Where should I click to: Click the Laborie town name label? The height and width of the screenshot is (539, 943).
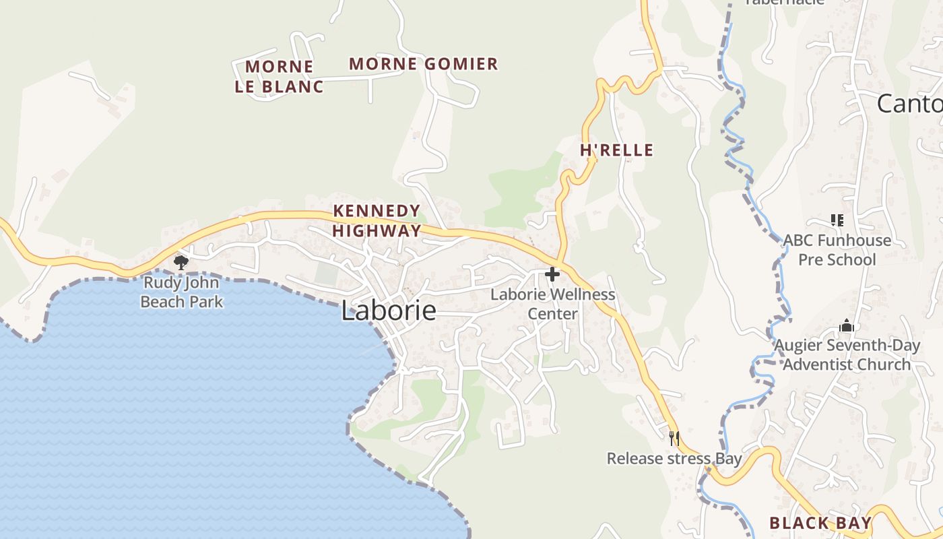pyautogui.click(x=388, y=311)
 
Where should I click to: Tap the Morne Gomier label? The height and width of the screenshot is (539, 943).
pyautogui.click(x=424, y=64)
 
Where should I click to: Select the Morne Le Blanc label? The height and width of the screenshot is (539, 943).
pyautogui.click(x=279, y=76)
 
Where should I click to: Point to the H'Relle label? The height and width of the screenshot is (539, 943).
pyautogui.click(x=617, y=150)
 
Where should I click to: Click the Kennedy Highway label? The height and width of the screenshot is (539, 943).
pyautogui.click(x=377, y=221)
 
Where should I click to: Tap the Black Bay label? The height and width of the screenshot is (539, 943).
pyautogui.click(x=820, y=523)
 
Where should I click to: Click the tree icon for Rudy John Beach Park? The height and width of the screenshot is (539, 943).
pyautogui.click(x=181, y=262)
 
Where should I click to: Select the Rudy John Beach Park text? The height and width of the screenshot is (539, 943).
pyautogui.click(x=181, y=292)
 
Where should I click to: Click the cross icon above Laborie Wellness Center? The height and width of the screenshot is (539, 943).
pyautogui.click(x=552, y=274)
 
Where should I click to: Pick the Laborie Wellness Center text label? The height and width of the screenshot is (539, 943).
pyautogui.click(x=552, y=304)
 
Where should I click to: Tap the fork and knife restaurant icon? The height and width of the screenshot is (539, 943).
pyautogui.click(x=674, y=439)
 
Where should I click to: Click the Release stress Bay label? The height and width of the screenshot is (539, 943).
pyautogui.click(x=674, y=459)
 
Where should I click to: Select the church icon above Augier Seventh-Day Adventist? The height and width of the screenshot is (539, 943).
pyautogui.click(x=847, y=327)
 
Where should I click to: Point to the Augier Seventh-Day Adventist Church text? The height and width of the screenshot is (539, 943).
pyautogui.click(x=847, y=355)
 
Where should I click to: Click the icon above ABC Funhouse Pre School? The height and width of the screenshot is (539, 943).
pyautogui.click(x=837, y=220)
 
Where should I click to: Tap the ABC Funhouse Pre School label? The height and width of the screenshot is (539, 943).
pyautogui.click(x=837, y=250)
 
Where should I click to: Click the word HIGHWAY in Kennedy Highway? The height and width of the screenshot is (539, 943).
pyautogui.click(x=377, y=230)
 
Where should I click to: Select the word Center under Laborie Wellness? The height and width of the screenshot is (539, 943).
pyautogui.click(x=552, y=314)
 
